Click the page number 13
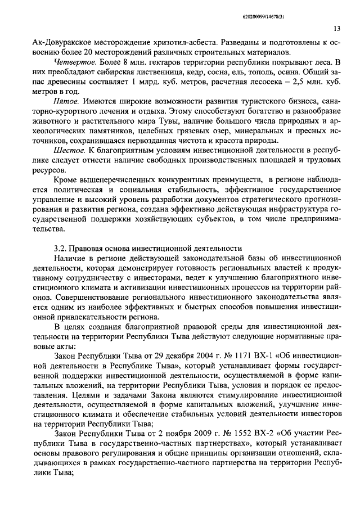click(x=337, y=29)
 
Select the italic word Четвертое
click(x=69, y=60)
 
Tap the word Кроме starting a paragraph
click(x=67, y=178)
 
